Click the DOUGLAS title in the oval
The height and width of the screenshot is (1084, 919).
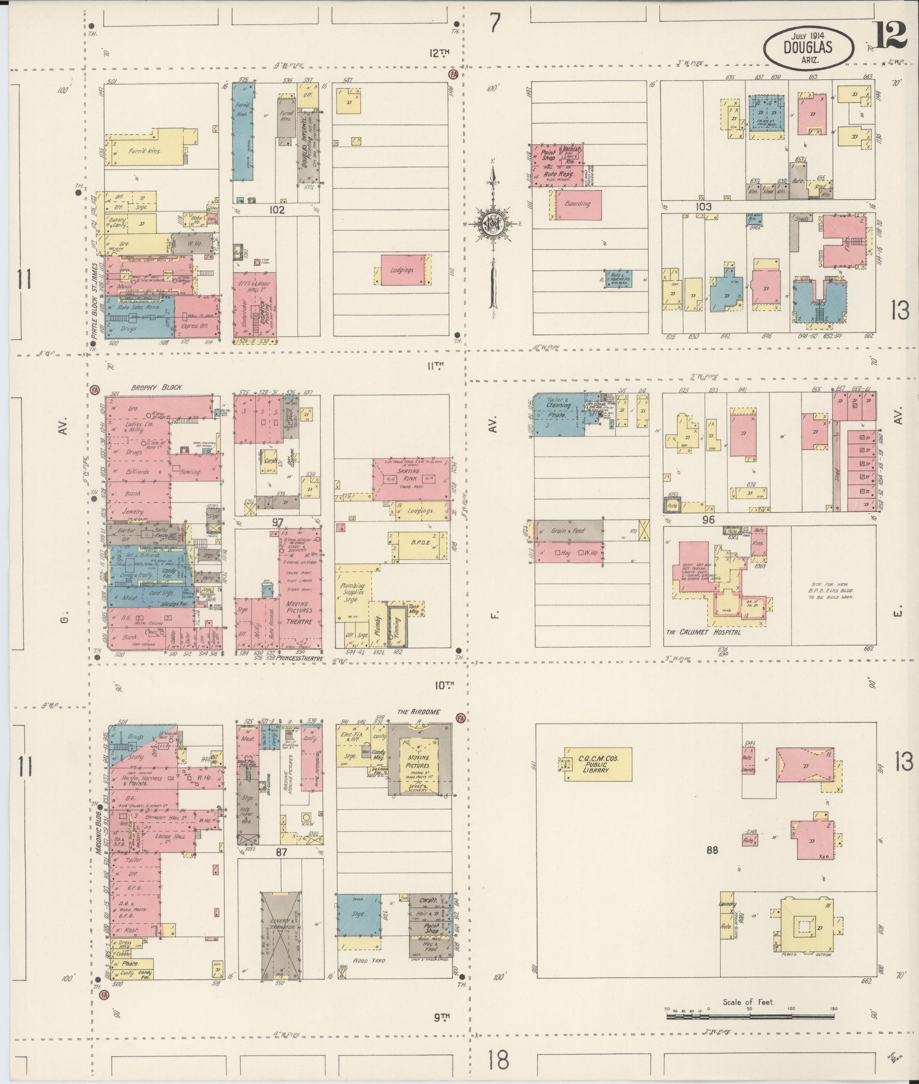[808, 47]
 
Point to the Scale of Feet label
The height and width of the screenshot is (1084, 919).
[748, 1002]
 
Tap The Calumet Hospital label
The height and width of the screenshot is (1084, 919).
[703, 631]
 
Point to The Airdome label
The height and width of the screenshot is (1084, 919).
[419, 711]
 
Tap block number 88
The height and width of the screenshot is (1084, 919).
[712, 850]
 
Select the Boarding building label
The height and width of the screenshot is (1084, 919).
[577, 203]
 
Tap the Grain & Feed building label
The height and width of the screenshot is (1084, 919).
[568, 531]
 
